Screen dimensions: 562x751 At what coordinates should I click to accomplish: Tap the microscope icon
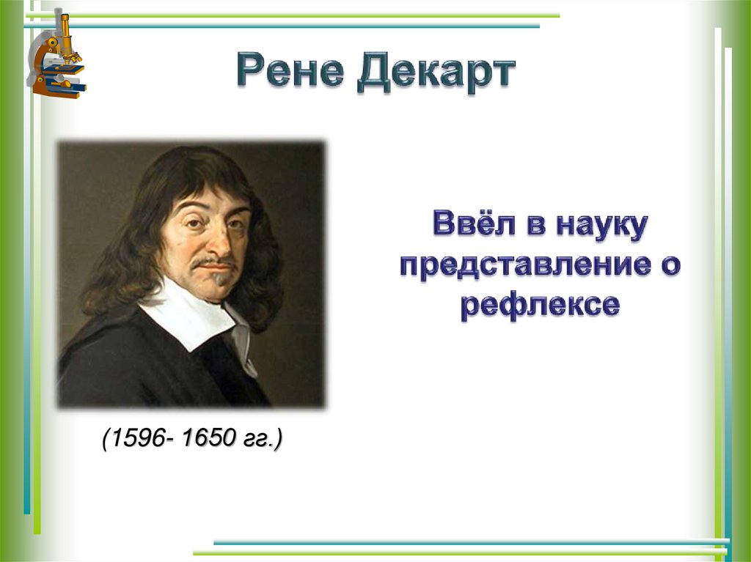(x=57, y=54)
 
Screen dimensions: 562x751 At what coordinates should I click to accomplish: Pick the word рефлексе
(x=540, y=304)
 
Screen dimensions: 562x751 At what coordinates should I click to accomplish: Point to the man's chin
(x=218, y=289)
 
